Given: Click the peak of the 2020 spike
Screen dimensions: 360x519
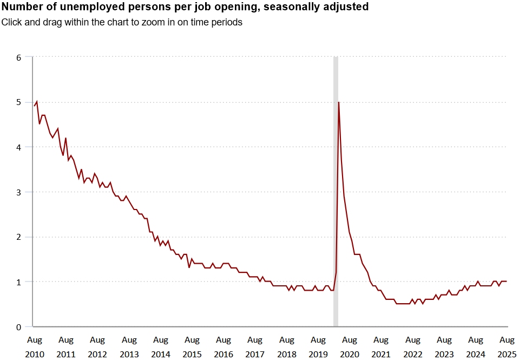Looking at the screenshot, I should coord(339,102).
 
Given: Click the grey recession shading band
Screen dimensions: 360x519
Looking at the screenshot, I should coord(336,189).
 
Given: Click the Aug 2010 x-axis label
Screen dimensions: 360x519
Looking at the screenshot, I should coord(34,347).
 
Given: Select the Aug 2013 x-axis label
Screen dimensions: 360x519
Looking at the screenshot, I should coord(129,347).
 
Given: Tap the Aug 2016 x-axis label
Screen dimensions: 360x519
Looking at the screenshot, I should coord(224,347).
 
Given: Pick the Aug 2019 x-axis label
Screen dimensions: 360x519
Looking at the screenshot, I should coord(318,347).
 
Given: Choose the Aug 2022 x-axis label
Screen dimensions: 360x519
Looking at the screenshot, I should coord(413,347).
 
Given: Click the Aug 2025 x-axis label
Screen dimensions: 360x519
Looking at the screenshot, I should coord(507,347).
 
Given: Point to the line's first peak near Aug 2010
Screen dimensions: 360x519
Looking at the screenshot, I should coord(36,102).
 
